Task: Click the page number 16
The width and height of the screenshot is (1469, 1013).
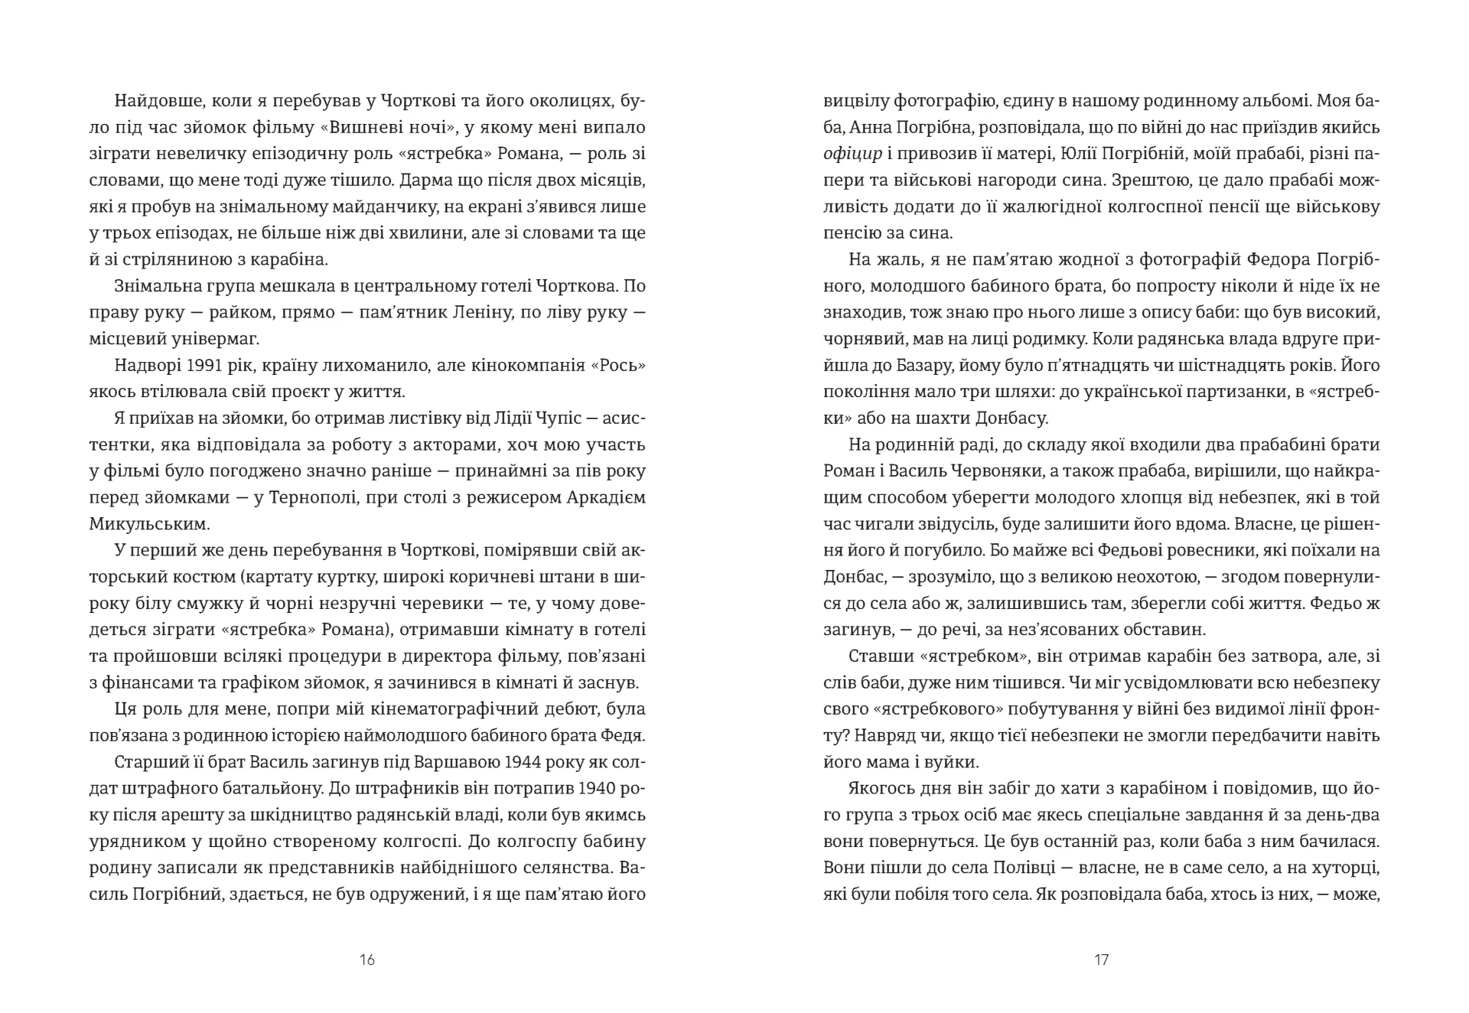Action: point(367,959)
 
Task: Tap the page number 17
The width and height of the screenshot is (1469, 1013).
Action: point(1101,959)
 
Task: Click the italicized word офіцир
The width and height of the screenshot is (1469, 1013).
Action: point(852,154)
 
